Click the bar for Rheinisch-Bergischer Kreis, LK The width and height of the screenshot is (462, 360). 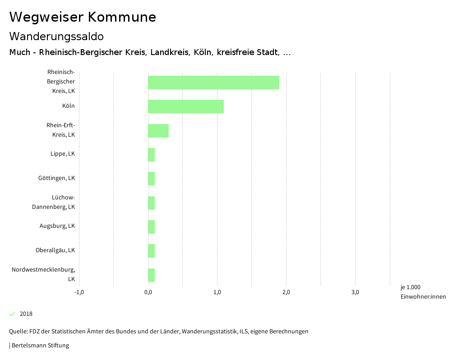(x=213, y=83)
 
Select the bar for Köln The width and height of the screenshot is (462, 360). (x=186, y=106)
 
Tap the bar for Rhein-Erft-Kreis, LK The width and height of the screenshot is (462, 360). (x=158, y=131)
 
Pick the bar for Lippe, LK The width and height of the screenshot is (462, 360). (x=152, y=155)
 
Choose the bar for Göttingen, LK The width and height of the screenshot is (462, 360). (x=152, y=179)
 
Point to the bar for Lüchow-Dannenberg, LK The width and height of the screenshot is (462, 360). (x=152, y=203)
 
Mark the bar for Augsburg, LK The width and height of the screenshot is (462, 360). (x=152, y=227)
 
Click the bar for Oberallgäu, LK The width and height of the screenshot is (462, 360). (x=152, y=251)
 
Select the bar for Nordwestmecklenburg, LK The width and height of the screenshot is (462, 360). (x=152, y=275)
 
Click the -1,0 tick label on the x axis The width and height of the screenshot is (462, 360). (x=79, y=292)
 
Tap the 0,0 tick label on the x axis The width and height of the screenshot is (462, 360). (x=148, y=292)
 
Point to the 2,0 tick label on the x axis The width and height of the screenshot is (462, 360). (x=286, y=292)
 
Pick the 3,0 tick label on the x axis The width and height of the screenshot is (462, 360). (x=355, y=292)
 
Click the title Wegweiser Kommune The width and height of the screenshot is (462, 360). (x=83, y=17)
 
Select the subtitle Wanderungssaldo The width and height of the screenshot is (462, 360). (x=56, y=36)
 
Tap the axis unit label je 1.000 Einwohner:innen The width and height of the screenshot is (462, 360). (x=423, y=292)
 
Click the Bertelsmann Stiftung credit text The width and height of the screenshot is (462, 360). (x=39, y=346)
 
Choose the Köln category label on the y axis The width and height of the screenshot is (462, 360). (x=69, y=106)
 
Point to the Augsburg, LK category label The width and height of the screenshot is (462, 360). (x=57, y=226)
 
